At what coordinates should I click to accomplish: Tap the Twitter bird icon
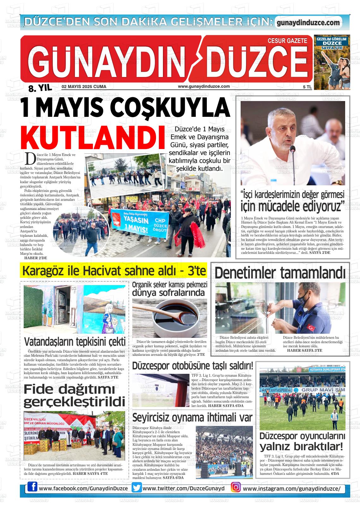(x=137, y=488)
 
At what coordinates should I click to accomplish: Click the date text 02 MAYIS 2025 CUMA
(x=84, y=87)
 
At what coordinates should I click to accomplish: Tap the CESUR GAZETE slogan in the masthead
(x=287, y=41)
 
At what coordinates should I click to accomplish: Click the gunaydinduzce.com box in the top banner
(x=308, y=22)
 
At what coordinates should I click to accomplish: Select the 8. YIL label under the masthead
(x=40, y=88)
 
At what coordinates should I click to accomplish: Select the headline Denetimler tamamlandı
(x=280, y=273)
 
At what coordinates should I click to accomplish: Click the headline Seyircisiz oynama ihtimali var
(x=192, y=417)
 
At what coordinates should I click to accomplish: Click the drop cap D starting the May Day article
(x=30, y=159)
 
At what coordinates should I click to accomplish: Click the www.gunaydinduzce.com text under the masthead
(x=204, y=86)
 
